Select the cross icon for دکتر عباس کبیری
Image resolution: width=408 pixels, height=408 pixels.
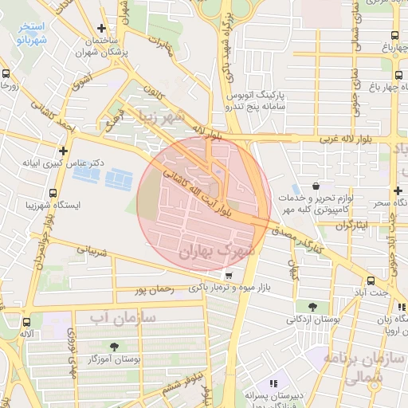pos(63,150)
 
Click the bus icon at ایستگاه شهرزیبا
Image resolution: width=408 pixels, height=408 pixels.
pos(53,193)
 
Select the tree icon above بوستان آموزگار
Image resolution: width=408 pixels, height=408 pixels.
pos(114,347)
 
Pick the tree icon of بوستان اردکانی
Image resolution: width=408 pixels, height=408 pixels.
pos(312,306)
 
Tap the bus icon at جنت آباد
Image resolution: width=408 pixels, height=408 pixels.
pos(371,280)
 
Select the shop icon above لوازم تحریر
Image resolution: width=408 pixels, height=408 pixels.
pos(319,185)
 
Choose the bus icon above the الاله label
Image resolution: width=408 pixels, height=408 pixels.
pos(28,322)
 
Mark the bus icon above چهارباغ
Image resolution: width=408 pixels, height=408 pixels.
pos(396,36)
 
